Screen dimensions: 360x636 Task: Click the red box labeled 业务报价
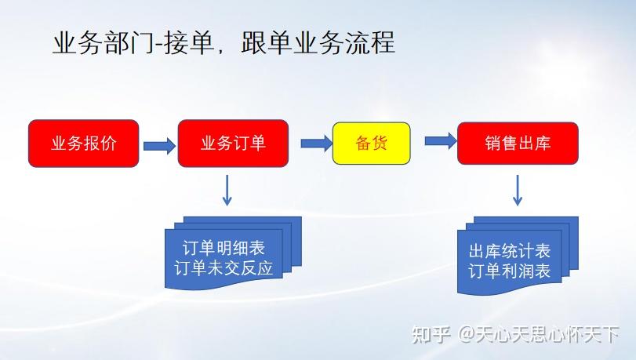point(83,143)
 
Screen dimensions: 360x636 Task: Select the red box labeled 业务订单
point(233,143)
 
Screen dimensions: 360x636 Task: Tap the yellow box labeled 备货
point(371,143)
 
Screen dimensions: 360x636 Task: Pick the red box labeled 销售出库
point(518,143)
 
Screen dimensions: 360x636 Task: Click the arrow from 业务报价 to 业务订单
point(158,144)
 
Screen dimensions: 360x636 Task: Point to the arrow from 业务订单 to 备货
point(316,142)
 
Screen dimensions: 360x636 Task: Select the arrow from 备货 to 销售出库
point(440,141)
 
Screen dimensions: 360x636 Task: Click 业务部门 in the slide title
point(103,43)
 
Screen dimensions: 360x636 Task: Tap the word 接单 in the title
point(189,43)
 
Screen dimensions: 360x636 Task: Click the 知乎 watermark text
point(431,336)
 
